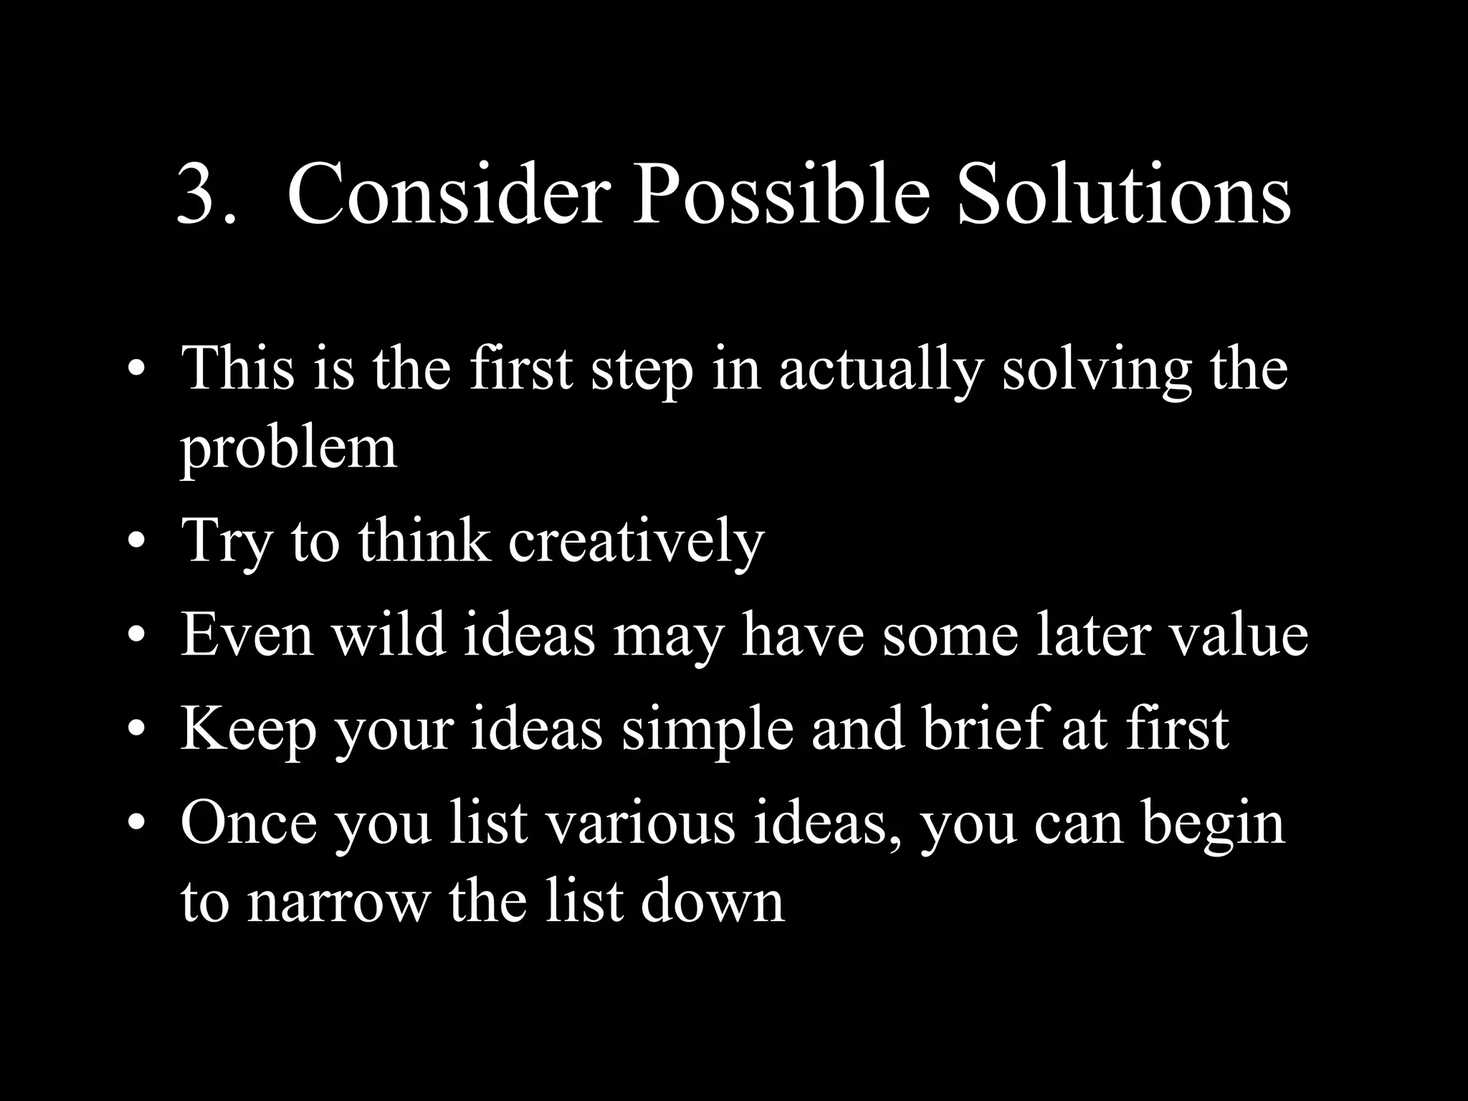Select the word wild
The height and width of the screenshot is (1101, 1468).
(388, 635)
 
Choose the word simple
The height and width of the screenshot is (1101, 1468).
(707, 730)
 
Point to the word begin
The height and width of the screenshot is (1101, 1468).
(1213, 824)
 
